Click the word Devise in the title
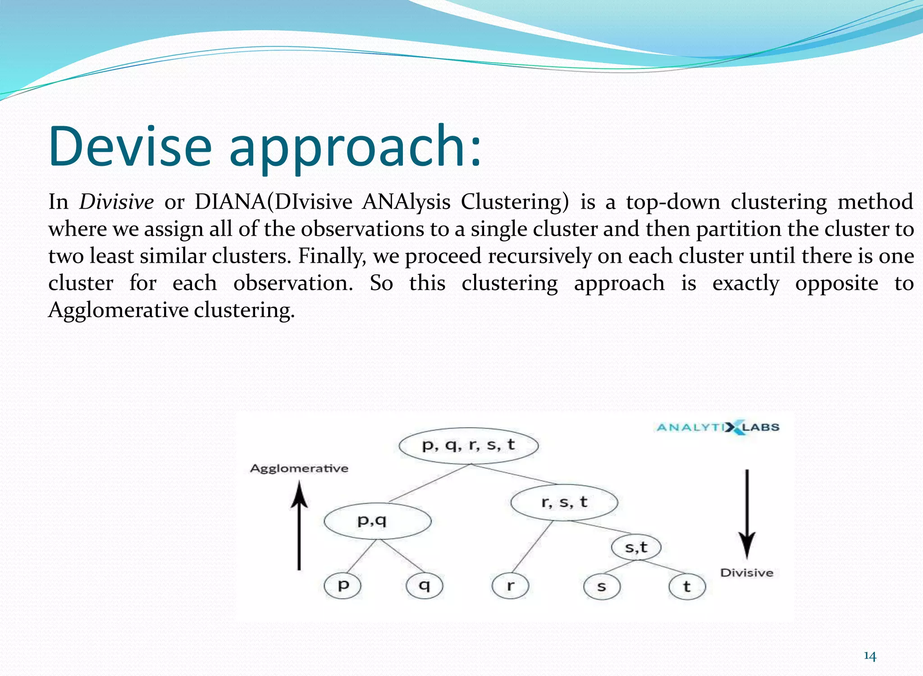130,146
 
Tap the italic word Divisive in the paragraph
116,201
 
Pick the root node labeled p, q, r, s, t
468,445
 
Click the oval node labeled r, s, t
564,502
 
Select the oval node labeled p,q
377,521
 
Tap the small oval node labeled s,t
636,547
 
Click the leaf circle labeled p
343,585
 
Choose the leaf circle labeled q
424,585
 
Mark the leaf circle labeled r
510,586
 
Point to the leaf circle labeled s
601,587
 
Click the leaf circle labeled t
686,587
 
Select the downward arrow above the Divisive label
747,514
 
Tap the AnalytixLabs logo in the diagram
718,427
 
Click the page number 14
869,656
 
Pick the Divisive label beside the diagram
746,573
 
